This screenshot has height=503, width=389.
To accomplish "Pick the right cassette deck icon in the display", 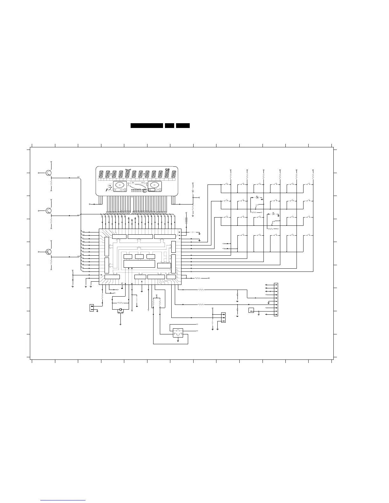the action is pyautogui.click(x=155, y=186).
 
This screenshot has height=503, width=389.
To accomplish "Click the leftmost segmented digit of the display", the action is pyautogui.click(x=101, y=174).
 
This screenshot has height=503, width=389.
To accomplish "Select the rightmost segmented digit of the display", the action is pyautogui.click(x=174, y=174).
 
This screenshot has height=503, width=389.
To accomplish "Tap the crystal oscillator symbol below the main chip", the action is pyautogui.click(x=120, y=310).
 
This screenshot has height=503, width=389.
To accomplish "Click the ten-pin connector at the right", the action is pyautogui.click(x=276, y=299).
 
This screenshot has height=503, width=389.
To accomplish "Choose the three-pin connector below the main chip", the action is pyautogui.click(x=223, y=317).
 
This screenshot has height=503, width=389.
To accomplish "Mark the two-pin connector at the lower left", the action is pyautogui.click(x=92, y=308).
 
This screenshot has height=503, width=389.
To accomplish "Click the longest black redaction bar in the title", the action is pyautogui.click(x=147, y=126).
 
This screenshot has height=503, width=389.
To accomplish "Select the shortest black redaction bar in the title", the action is pyautogui.click(x=169, y=126).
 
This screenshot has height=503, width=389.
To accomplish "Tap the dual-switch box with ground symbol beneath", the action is pyautogui.click(x=178, y=333).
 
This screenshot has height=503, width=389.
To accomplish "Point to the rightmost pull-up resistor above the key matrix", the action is pyautogui.click(x=313, y=175).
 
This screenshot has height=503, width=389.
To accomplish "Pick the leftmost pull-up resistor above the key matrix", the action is pyautogui.click(x=230, y=175).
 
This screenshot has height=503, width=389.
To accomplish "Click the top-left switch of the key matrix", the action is pyautogui.click(x=226, y=184).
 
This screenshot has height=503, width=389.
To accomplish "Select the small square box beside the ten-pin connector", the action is pyautogui.click(x=251, y=310).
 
